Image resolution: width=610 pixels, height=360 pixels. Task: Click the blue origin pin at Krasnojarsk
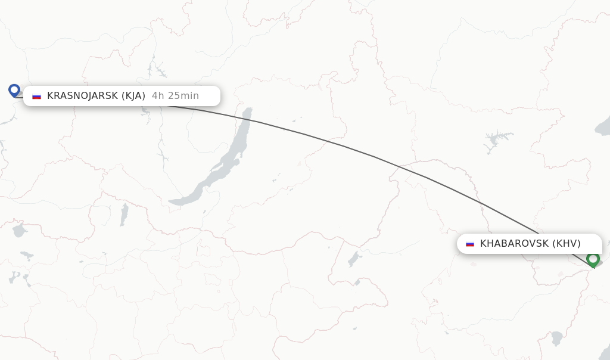tap(14, 91)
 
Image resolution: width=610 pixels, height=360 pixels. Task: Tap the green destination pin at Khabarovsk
tap(592, 259)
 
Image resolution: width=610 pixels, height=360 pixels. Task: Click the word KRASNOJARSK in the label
tap(83, 96)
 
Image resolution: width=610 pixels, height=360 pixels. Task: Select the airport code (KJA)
tap(133, 96)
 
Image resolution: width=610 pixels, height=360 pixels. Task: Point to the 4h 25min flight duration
tap(175, 96)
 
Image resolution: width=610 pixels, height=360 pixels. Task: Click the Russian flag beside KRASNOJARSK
tap(36, 96)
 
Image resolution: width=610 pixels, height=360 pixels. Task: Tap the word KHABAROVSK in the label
tap(514, 243)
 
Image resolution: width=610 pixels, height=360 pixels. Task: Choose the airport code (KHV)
tap(566, 243)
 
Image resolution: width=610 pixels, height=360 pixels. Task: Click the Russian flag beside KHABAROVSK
tap(470, 243)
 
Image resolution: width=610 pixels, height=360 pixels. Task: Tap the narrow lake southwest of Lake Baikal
tap(124, 215)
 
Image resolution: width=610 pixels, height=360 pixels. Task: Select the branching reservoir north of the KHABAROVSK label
tap(496, 141)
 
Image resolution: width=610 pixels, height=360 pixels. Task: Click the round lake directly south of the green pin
tap(557, 338)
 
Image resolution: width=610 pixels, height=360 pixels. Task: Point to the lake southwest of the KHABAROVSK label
tap(354, 258)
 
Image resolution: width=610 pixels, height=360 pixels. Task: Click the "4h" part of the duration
tap(157, 96)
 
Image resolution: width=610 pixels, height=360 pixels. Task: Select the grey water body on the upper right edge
tap(603, 125)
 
